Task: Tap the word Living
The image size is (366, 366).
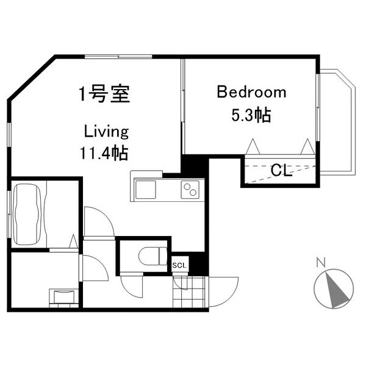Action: point(106,131)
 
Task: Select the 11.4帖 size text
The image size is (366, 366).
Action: point(104,152)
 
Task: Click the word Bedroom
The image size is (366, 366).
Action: point(251,93)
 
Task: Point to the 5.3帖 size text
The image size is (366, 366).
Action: point(251,115)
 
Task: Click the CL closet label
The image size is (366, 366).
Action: point(280,170)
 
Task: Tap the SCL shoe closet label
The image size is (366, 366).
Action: point(180,265)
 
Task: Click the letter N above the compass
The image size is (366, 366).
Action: point(320,264)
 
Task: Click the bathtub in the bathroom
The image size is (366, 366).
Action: point(28,213)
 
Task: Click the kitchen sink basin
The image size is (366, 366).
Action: point(146,190)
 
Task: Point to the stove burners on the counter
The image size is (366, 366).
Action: point(191,190)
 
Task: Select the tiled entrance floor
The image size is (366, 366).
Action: point(189,292)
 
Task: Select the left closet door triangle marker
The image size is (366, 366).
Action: point(253,146)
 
